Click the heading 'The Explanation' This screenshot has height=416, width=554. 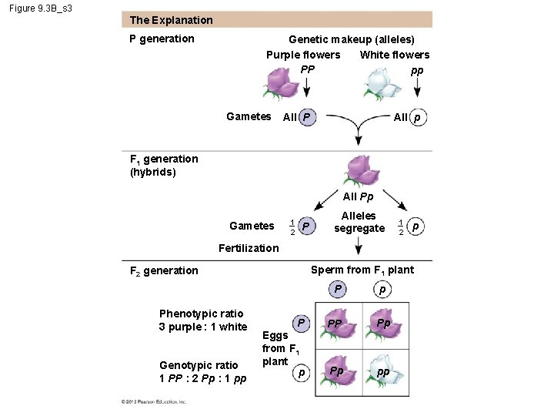pos(171,20)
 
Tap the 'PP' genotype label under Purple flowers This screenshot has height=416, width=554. pos(307,70)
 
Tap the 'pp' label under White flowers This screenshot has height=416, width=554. pos(416,70)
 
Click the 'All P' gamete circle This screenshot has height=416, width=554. pos(306,117)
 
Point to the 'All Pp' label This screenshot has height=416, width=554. pos(358,197)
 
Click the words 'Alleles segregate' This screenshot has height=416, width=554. pos(359,222)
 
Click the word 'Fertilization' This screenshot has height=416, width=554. pos(249,247)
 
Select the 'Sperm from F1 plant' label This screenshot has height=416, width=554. pos(362,270)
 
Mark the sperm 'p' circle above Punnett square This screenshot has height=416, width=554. pos(382,290)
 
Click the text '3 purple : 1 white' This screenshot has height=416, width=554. pos(203,327)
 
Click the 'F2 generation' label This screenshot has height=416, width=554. pos(163,270)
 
